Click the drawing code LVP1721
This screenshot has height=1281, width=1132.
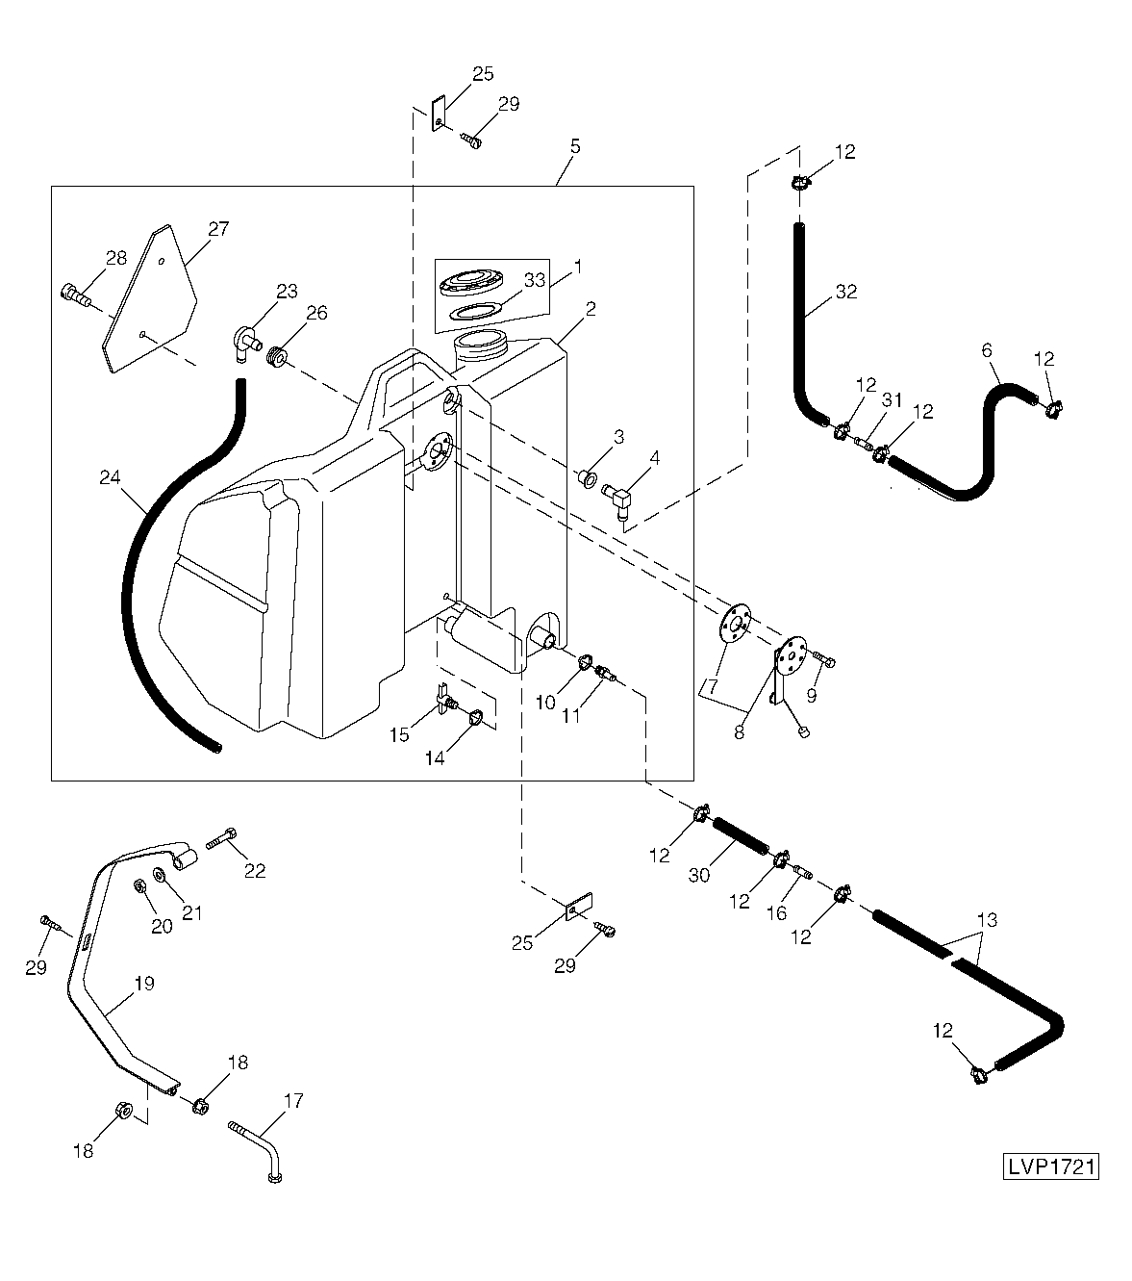1051,1166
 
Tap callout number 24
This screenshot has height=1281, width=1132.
111,476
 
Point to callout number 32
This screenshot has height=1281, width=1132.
846,293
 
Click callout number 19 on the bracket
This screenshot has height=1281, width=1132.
143,985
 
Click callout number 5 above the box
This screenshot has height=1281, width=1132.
574,146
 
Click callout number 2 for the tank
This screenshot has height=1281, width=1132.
591,309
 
